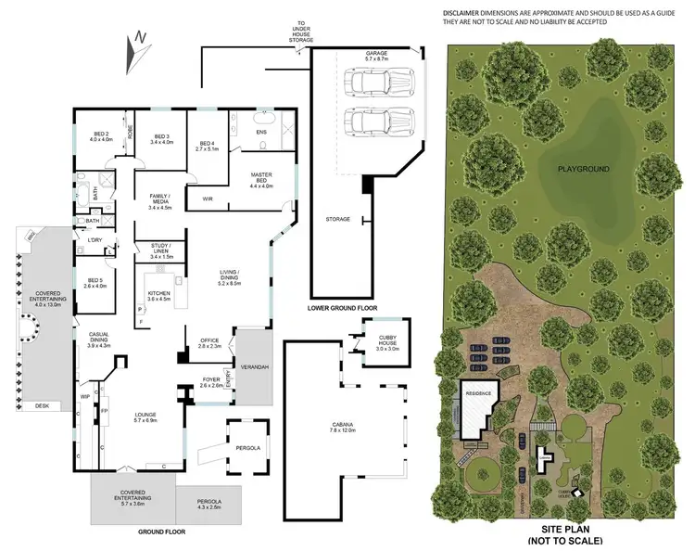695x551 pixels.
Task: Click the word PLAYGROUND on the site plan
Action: coord(582,170)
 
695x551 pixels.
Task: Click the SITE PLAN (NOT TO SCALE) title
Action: coord(565,534)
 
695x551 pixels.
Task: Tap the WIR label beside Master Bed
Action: coord(208,198)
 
